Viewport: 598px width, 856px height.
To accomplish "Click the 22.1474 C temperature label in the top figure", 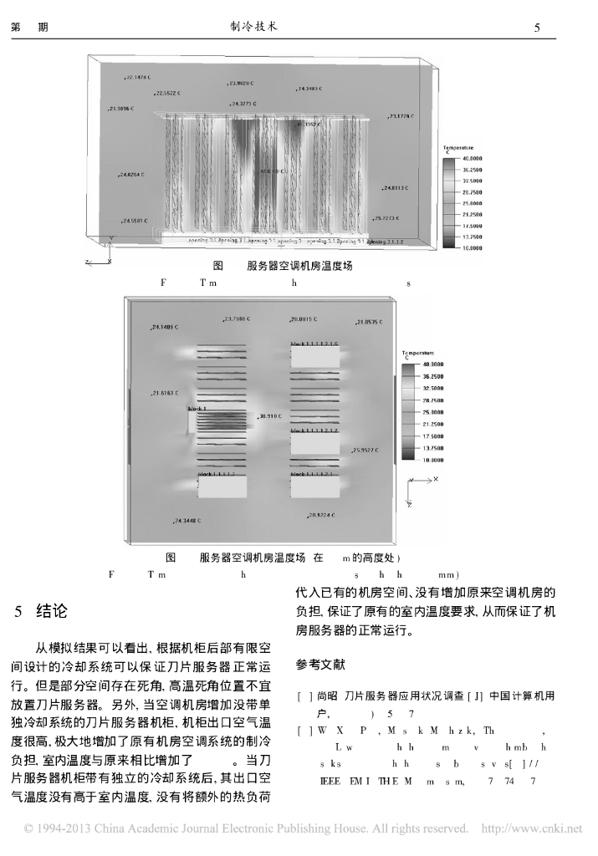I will [138, 77].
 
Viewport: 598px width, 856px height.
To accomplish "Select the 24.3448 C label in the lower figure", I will [187, 521].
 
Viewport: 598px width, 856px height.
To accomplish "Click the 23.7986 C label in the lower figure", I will [238, 318].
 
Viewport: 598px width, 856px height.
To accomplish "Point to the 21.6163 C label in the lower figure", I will [166, 392].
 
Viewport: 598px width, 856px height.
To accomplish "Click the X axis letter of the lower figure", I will [436, 480].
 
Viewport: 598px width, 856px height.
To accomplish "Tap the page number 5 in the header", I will [537, 28].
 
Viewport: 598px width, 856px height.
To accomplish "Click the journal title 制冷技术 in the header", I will [253, 27].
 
